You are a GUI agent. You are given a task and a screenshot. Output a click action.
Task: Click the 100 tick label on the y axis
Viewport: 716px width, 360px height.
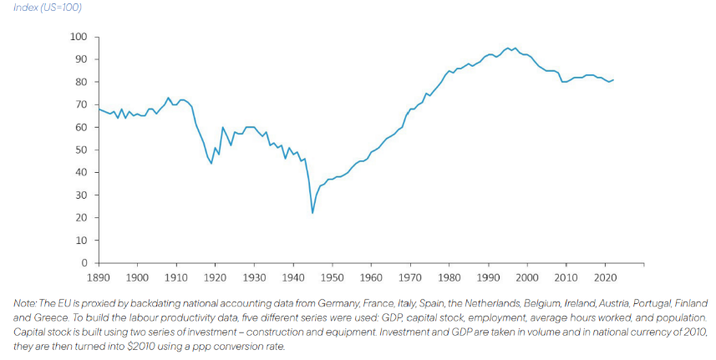click(79, 37)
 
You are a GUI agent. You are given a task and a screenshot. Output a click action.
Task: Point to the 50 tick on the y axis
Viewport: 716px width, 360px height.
click(82, 150)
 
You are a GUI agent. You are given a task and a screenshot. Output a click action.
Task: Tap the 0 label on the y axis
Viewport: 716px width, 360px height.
click(84, 263)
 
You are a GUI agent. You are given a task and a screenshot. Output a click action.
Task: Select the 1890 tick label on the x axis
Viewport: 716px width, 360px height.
click(99, 276)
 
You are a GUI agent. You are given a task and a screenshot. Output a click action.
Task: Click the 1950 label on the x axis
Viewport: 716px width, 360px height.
click(332, 276)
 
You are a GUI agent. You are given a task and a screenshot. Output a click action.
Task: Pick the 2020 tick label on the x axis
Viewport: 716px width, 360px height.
click(605, 276)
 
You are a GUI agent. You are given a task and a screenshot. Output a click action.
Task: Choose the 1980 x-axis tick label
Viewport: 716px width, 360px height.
click(449, 276)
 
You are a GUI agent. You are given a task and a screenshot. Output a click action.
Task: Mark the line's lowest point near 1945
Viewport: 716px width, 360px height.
click(312, 213)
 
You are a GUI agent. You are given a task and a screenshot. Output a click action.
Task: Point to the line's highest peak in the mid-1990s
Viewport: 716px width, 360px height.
click(507, 48)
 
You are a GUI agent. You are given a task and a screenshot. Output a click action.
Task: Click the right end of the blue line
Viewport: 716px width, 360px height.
click(614, 80)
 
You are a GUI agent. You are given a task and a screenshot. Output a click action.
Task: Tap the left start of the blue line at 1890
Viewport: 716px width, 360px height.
click(99, 109)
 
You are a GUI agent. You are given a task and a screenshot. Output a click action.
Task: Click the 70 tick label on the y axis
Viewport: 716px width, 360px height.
click(82, 104)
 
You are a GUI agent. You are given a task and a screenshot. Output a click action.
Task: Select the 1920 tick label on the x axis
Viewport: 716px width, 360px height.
click(216, 276)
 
